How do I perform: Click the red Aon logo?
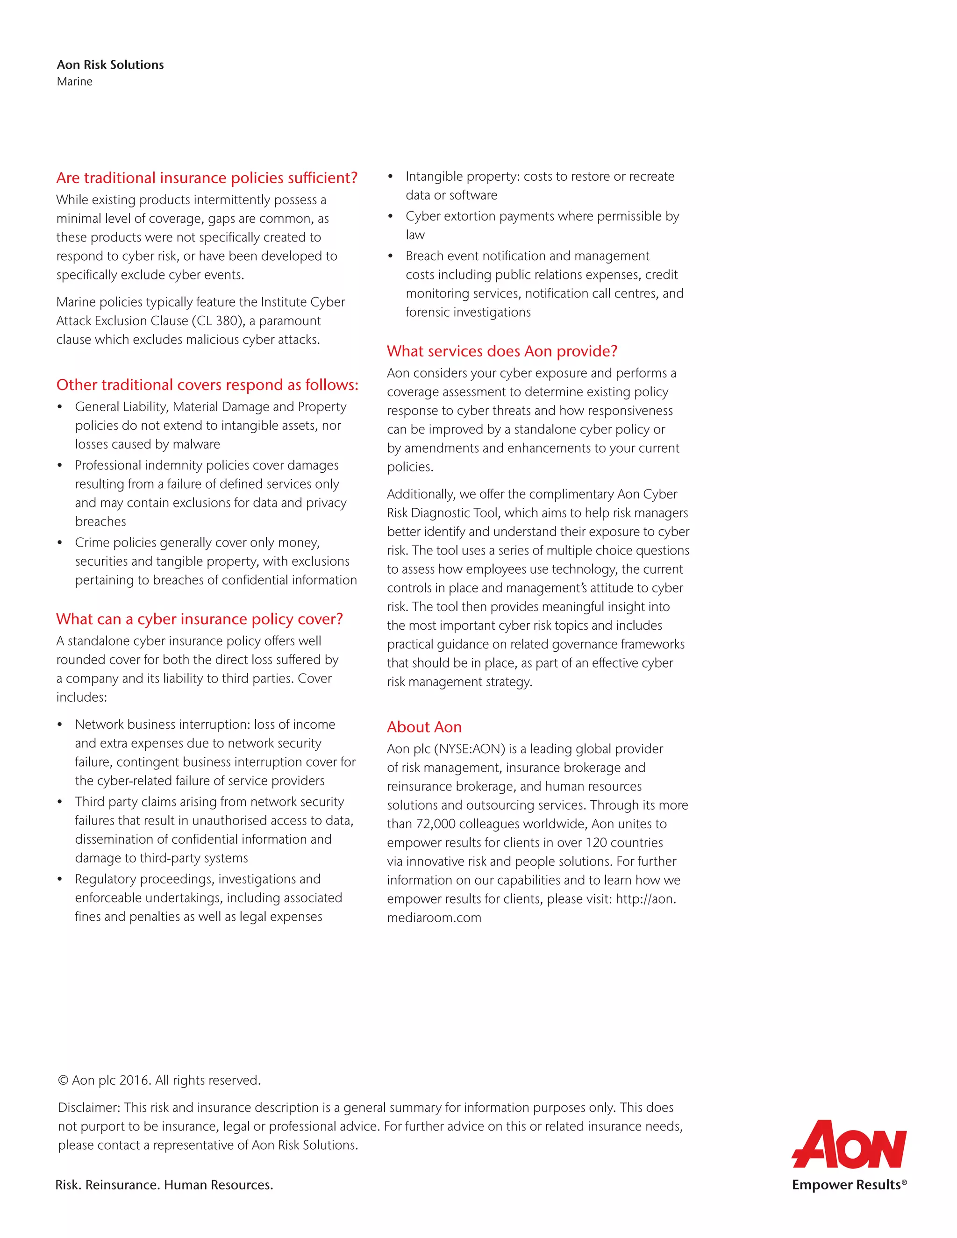[849, 1144]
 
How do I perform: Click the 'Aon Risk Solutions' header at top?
[110, 64]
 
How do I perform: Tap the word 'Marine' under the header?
[74, 81]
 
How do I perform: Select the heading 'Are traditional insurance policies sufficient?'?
[207, 178]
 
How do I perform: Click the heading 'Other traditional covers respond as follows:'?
[207, 385]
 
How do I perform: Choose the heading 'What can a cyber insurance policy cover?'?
[200, 619]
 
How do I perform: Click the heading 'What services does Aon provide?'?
[502, 351]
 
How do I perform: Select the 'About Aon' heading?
[424, 727]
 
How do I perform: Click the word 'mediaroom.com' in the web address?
[434, 918]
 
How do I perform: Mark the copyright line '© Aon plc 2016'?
[104, 1081]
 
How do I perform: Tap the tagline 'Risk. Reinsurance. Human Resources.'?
[164, 1185]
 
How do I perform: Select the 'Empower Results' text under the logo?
[846, 1185]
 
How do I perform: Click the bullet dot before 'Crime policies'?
[59, 543]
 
